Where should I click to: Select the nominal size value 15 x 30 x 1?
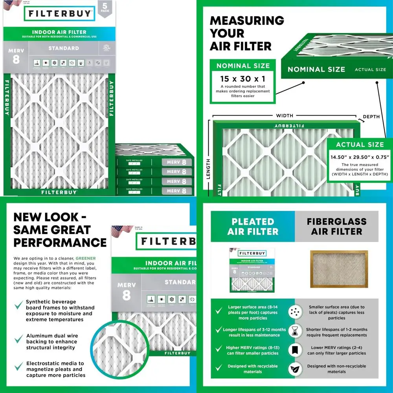(242, 78)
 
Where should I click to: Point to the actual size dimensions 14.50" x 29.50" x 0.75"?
(360, 157)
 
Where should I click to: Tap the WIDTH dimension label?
(285, 116)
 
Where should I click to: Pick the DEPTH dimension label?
(371, 117)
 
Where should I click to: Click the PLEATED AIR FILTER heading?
(253, 226)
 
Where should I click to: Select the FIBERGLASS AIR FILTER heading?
(337, 226)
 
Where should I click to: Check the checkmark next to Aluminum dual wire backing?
(18, 339)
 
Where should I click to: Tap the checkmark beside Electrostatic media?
(18, 367)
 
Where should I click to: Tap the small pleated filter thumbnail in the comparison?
(252, 271)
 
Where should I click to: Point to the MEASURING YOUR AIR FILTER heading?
(246, 33)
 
